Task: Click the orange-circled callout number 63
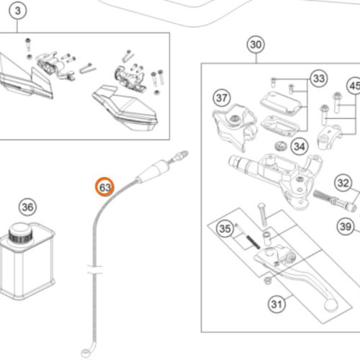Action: pyautogui.click(x=104, y=187)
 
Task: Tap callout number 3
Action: pyautogui.click(x=17, y=11)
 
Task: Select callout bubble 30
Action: pyautogui.click(x=256, y=45)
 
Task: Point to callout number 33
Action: pyautogui.click(x=319, y=78)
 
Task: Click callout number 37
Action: pyautogui.click(x=222, y=98)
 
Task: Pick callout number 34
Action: pyautogui.click(x=300, y=146)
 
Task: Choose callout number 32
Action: pyautogui.click(x=343, y=183)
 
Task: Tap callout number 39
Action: pyautogui.click(x=346, y=226)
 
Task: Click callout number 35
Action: pyautogui.click(x=225, y=228)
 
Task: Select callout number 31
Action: pyautogui.click(x=276, y=304)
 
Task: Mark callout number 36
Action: pyautogui.click(x=27, y=207)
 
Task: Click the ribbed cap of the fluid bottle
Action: pyautogui.click(x=21, y=233)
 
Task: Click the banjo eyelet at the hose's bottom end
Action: pyautogui.click(x=85, y=353)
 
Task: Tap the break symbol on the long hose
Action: pyautogui.click(x=94, y=269)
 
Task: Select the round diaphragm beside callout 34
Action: pyautogui.click(x=281, y=146)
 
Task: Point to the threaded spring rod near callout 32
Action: pyautogui.click(x=334, y=199)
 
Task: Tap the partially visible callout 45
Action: pyautogui.click(x=354, y=86)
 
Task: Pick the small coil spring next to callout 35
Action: pyautogui.click(x=253, y=242)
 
